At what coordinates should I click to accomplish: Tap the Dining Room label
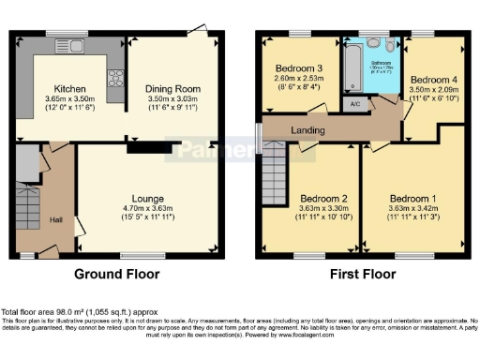coord(173,87)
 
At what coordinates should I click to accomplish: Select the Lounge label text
coord(148,200)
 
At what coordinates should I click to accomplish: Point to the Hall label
coord(56,219)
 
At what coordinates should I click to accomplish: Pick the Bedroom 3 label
coord(299,68)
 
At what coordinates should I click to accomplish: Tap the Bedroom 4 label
coord(435,79)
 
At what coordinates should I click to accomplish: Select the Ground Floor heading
coord(117,275)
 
